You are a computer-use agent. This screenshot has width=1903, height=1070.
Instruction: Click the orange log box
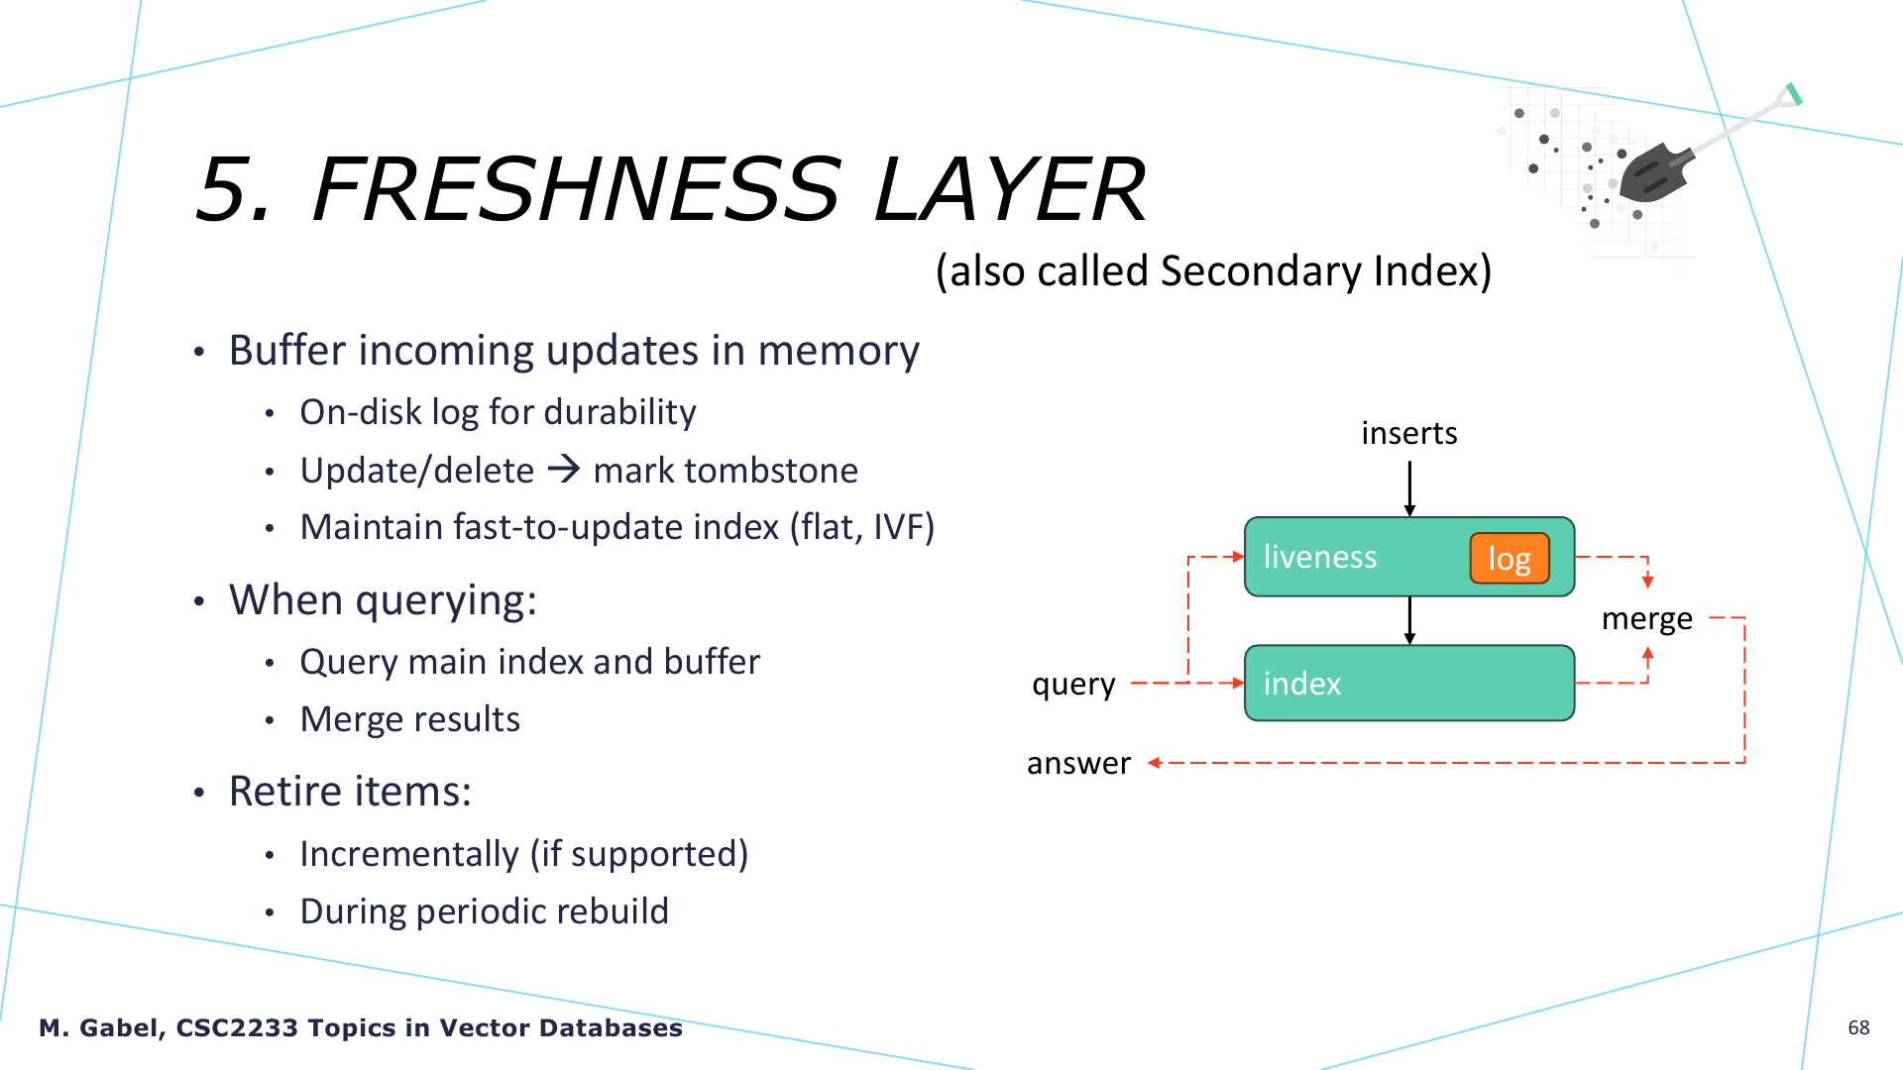1510,558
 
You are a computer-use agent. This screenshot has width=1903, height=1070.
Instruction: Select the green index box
1409,683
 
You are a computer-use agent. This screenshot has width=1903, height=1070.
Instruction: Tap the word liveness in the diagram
1320,557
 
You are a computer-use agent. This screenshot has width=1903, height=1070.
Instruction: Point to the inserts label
1409,433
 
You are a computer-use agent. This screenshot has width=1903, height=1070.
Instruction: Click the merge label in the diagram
1647,619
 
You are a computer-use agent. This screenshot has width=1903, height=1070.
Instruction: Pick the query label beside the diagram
1073,685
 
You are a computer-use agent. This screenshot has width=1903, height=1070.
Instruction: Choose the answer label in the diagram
1078,763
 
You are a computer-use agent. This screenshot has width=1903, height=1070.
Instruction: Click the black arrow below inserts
1409,488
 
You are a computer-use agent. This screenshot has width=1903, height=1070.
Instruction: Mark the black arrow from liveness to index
1409,620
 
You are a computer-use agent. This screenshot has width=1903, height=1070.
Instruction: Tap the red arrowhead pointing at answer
1154,763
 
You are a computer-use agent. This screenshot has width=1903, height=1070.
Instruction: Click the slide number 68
1858,1027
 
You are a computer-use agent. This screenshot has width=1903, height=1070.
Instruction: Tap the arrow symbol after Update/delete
564,469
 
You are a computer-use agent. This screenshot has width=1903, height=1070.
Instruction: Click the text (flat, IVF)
862,527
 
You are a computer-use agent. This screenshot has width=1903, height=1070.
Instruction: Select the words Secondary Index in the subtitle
1326,270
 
